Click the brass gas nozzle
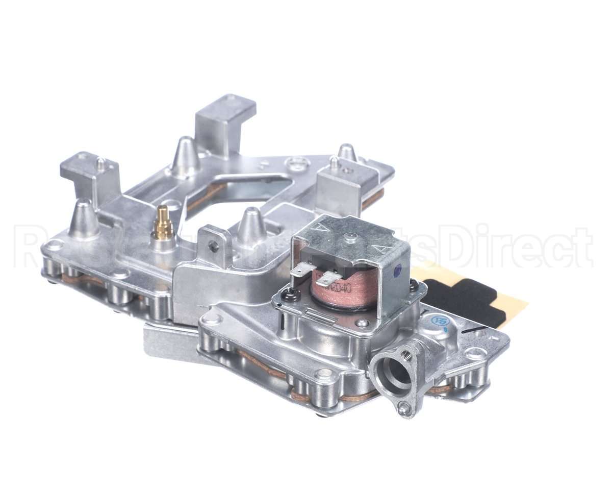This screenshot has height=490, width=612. (x=163, y=223)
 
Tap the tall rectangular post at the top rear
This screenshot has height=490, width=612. (x=225, y=122)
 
